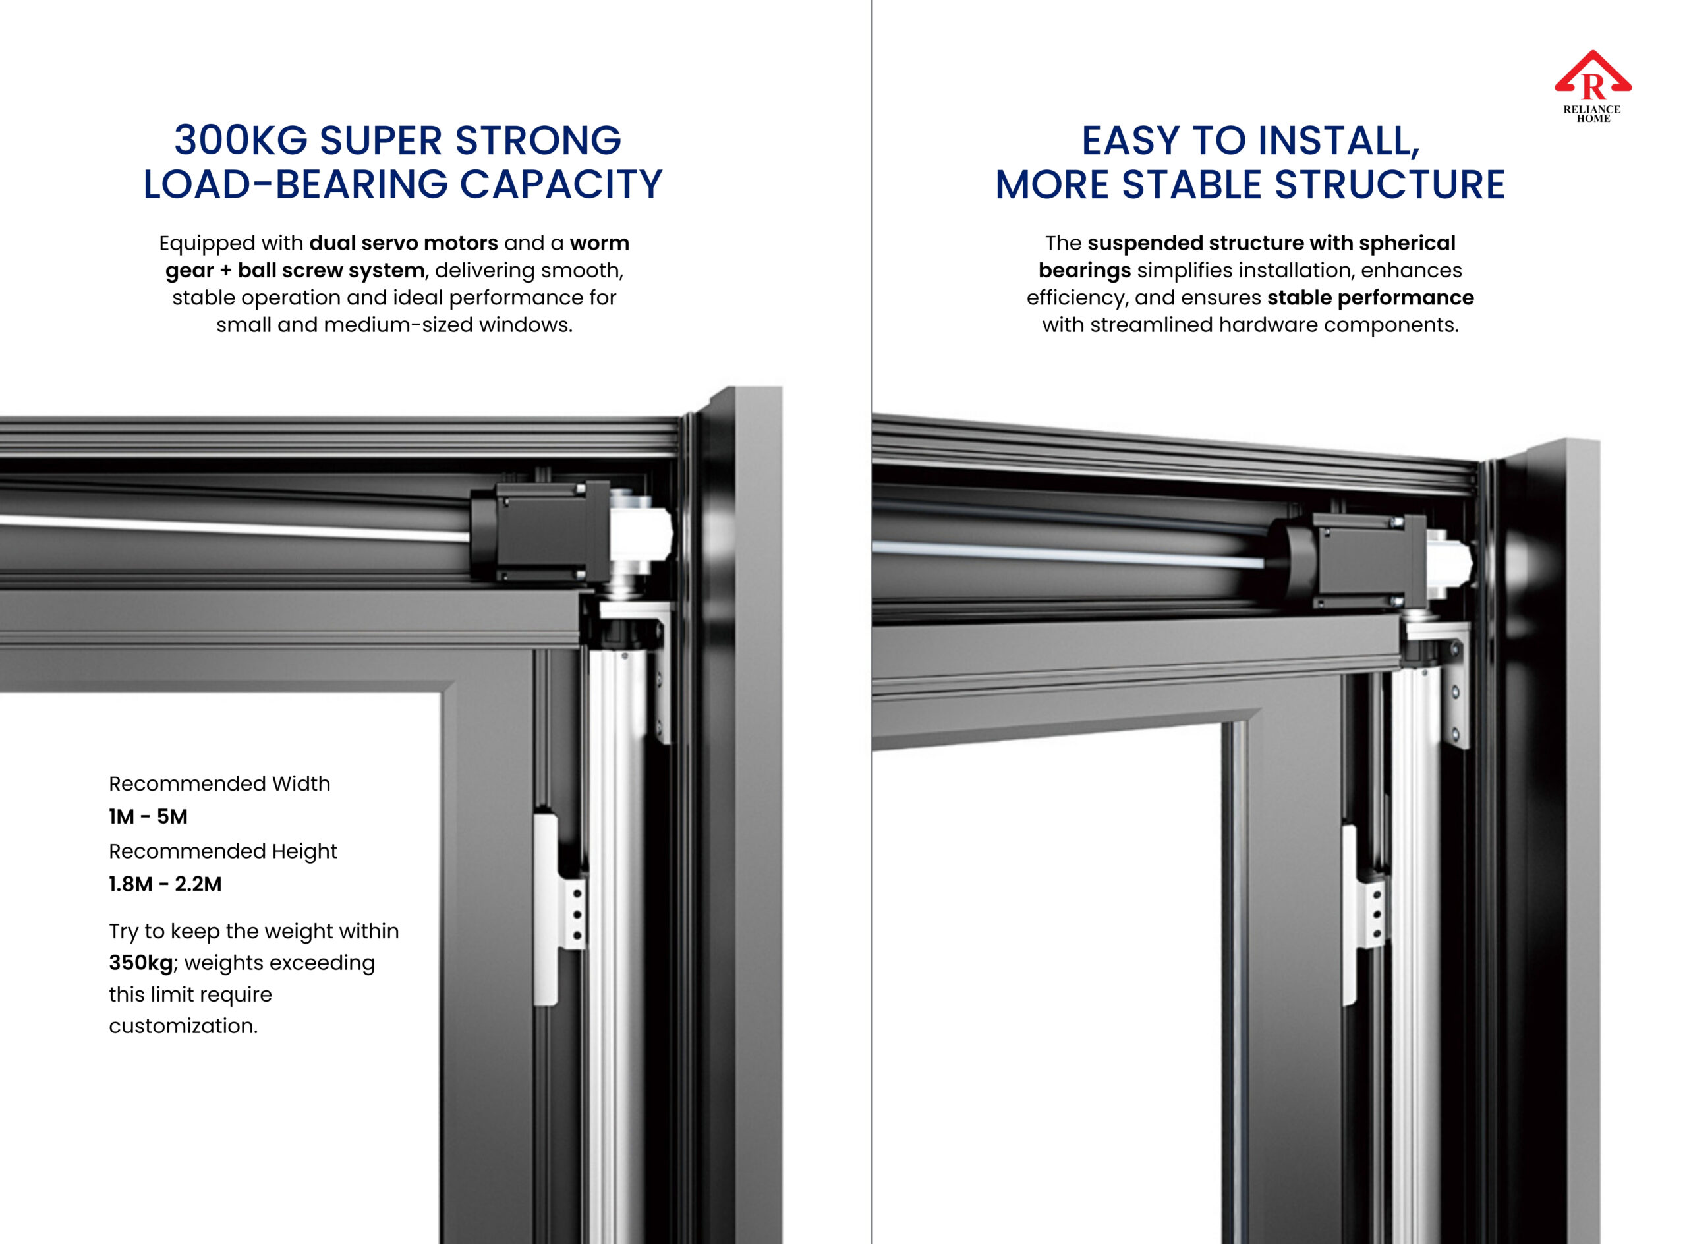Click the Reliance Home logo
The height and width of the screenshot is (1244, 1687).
coord(1593,86)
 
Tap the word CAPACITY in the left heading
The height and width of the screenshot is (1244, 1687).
coord(561,184)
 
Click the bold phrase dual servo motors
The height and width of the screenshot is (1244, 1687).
coord(404,243)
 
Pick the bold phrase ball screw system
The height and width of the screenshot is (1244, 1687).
coord(331,270)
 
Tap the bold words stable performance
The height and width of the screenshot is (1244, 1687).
coord(1370,298)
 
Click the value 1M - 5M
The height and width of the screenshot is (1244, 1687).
coord(148,816)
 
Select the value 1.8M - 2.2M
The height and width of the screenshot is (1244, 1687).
coord(165,884)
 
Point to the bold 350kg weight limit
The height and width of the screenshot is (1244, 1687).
coord(142,963)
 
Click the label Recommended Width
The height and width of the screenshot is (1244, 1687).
coord(220,784)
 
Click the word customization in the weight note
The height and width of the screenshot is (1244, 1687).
coord(183,1026)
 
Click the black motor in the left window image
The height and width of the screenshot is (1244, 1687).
coord(538,532)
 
